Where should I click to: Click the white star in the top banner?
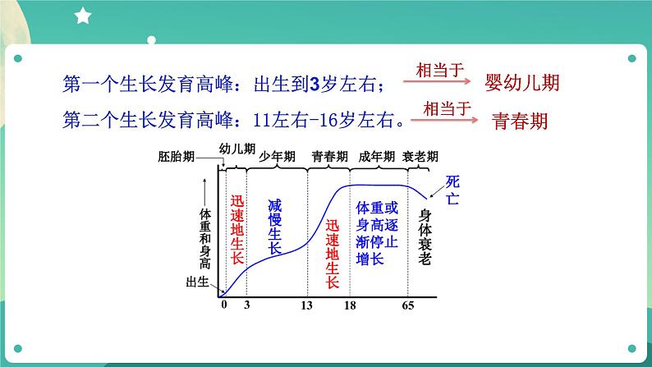[83, 15]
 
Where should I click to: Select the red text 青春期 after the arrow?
[520, 121]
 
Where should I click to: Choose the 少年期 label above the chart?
[276, 156]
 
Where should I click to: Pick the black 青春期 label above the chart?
[329, 156]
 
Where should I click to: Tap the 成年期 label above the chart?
[376, 156]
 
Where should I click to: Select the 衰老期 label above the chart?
[420, 156]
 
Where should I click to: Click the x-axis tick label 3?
[246, 305]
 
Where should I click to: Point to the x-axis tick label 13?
[308, 305]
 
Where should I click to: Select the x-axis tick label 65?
[407, 305]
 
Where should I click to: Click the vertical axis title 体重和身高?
[205, 239]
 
